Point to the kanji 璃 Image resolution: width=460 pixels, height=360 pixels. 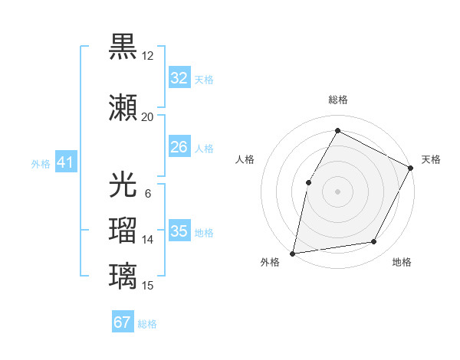tap(123, 275)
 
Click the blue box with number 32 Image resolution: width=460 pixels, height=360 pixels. tap(179, 78)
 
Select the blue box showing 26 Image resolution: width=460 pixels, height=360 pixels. tap(179, 147)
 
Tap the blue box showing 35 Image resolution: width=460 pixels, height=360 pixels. tap(179, 231)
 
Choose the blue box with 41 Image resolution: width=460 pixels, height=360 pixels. tap(65, 163)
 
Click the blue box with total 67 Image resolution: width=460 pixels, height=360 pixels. tap(123, 322)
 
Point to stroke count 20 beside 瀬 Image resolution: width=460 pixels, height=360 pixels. tap(147, 117)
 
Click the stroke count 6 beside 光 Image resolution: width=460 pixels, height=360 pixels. tap(147, 193)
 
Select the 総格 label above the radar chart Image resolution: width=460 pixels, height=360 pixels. tap(337, 100)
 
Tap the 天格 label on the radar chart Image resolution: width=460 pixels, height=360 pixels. tap(431, 159)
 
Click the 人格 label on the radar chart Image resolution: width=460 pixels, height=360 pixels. tap(245, 159)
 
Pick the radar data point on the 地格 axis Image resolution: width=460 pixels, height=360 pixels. tap(374, 242)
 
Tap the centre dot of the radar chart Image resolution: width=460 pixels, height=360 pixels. tap(337, 191)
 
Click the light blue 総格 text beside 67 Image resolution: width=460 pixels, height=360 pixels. tap(147, 324)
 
